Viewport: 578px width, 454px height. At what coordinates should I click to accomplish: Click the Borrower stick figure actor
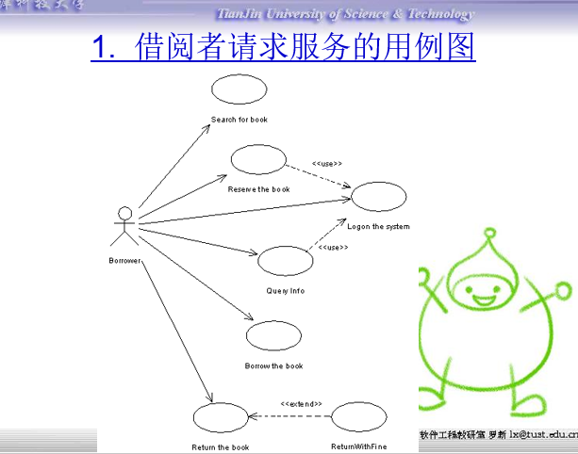[x=124, y=226]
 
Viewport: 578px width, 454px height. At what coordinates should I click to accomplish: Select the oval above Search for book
[x=239, y=90]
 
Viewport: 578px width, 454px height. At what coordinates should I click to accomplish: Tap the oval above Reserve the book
[x=257, y=159]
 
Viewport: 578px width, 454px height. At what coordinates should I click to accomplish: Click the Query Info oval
[x=285, y=261]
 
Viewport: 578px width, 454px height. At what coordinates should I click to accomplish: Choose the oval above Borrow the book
[x=273, y=335]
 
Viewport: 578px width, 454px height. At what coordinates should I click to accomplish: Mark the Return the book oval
[x=220, y=418]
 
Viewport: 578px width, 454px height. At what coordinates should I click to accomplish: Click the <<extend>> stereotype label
[x=301, y=404]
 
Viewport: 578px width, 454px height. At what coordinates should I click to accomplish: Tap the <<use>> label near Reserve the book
[x=326, y=163]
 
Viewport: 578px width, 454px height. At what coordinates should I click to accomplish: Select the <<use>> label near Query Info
[x=333, y=248]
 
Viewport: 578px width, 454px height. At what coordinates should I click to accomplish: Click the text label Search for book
[x=239, y=120]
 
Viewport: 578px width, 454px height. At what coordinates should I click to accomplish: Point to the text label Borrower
[x=124, y=261]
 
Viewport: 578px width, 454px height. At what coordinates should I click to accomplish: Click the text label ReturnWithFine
[x=356, y=446]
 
